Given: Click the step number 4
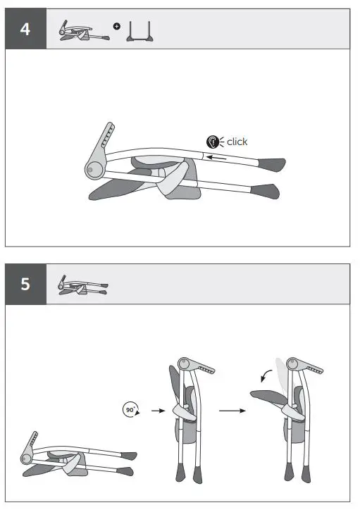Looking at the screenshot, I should pyautogui.click(x=25, y=30).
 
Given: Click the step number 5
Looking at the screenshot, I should pyautogui.click(x=25, y=285).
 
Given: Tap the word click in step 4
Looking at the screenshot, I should pyautogui.click(x=237, y=142).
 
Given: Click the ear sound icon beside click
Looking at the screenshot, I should pyautogui.click(x=212, y=142).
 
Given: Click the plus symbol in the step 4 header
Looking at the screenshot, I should pyautogui.click(x=116, y=27).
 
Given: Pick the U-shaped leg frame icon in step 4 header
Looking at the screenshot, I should pyautogui.click(x=141, y=32).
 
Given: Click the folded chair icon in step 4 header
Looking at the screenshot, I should pyautogui.click(x=83, y=32).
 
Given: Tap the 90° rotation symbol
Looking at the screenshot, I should pyautogui.click(x=130, y=410).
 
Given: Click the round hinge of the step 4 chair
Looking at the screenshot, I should pyautogui.click(x=92, y=169).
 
